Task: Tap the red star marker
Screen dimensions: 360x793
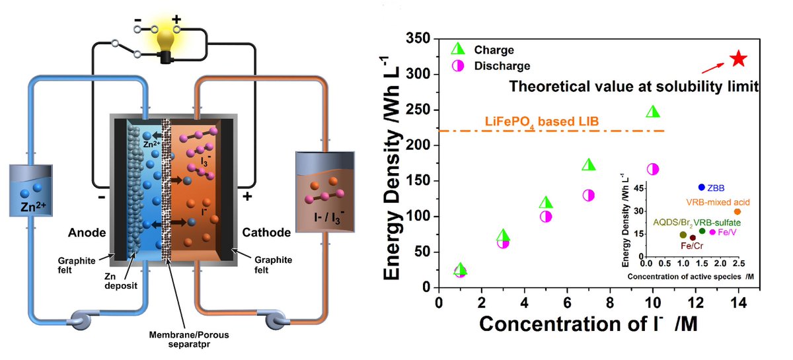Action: [x=738, y=59]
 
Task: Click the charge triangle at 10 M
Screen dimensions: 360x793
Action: [x=653, y=112]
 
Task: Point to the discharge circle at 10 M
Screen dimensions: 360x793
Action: [x=653, y=169]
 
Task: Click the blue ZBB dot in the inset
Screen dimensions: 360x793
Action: [x=701, y=188]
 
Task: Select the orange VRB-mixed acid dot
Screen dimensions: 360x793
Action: [x=737, y=211]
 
